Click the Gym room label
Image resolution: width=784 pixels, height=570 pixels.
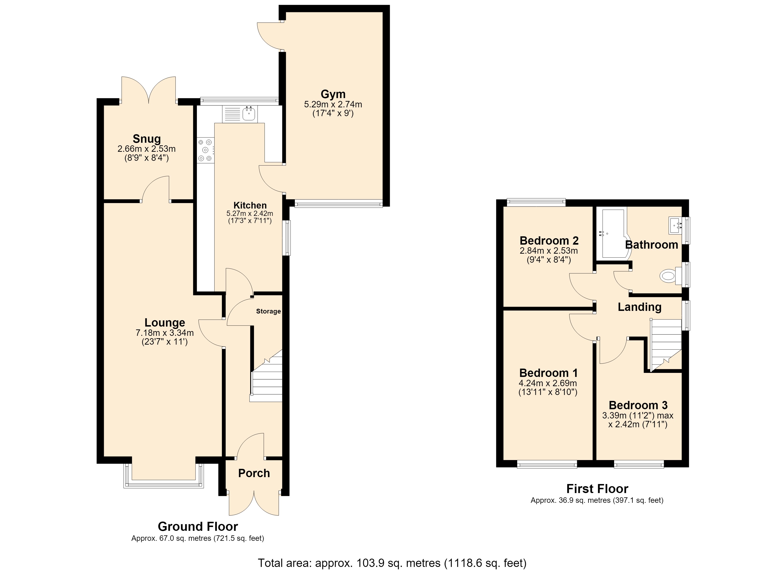pos(333,94)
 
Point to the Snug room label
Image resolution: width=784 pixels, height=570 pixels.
pos(147,139)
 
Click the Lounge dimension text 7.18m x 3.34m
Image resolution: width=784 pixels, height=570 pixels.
pos(165,333)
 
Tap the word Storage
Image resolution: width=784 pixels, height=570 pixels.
pos(268,311)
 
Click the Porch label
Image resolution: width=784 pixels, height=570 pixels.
pos(254,473)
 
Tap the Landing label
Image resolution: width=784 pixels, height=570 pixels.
pos(640,307)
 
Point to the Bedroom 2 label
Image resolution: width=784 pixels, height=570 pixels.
pos(549,241)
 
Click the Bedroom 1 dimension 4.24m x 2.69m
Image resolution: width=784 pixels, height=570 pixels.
pos(548,383)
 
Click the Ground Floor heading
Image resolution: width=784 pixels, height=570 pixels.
pos(198,527)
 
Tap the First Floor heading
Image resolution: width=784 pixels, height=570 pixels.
pos(597,489)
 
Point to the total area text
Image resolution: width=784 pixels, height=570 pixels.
pos(392,563)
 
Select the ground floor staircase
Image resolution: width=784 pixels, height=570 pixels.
pos(266,376)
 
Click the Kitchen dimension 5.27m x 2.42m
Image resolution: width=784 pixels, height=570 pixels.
pos(250,213)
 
